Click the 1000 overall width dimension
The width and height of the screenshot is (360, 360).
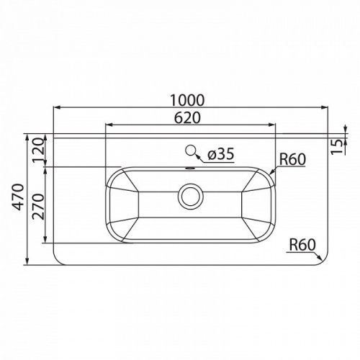click(187, 100)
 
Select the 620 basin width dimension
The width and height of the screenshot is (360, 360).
click(187, 118)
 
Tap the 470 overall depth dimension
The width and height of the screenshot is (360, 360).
click(19, 197)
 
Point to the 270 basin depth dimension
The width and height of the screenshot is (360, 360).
click(38, 207)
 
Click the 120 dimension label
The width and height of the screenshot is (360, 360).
click(39, 150)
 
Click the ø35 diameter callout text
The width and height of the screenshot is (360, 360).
click(221, 154)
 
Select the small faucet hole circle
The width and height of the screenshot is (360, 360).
click(191, 150)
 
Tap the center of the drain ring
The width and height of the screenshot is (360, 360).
click(191, 197)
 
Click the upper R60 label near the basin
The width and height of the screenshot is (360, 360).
click(292, 159)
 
